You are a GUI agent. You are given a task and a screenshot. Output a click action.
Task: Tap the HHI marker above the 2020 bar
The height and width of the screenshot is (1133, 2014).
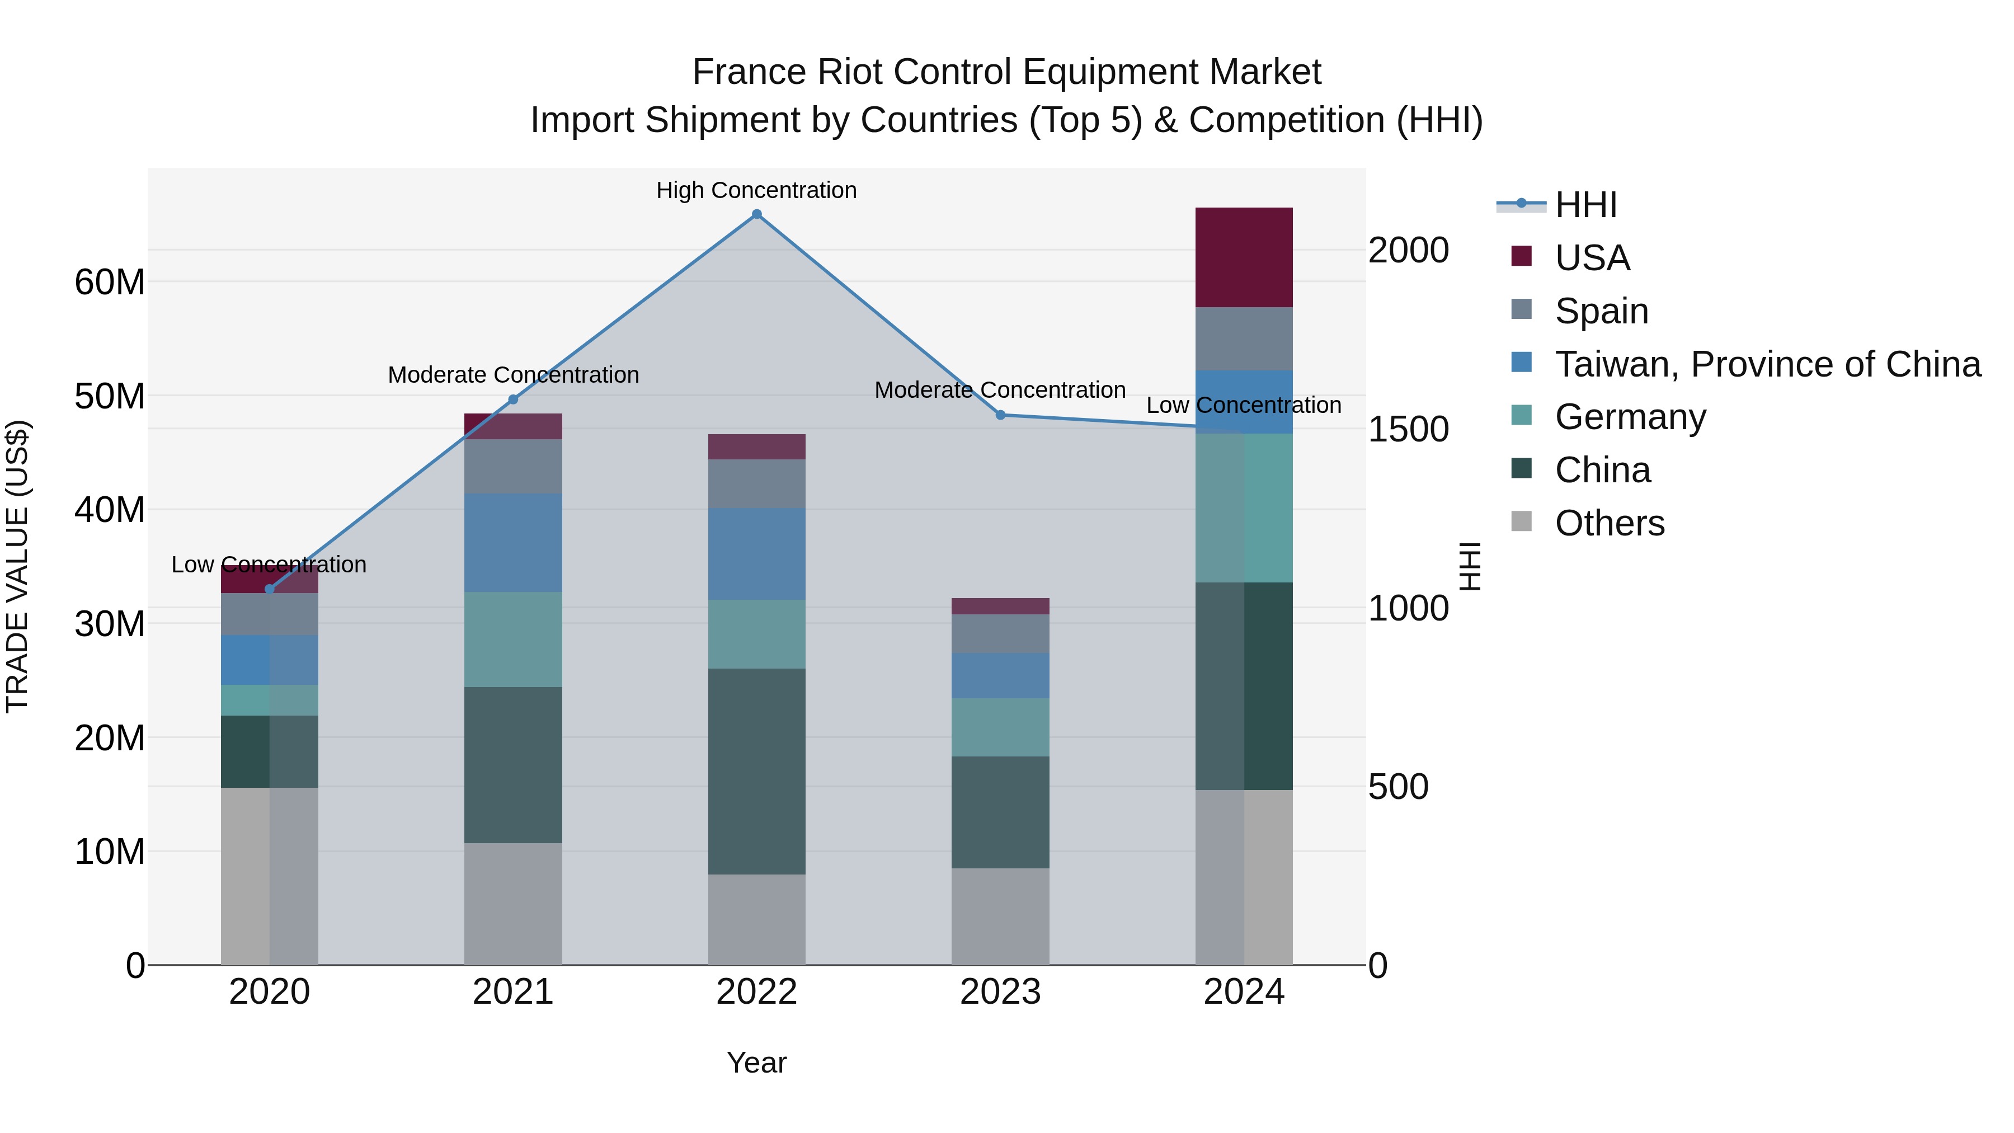[x=270, y=589]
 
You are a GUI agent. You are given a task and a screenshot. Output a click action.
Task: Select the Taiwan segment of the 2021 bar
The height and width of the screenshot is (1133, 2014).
[x=513, y=543]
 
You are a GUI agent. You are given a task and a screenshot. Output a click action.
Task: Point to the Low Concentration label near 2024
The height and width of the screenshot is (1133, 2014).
[x=1243, y=405]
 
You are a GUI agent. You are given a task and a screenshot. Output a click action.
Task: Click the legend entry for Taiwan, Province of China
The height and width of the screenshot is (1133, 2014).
[x=1767, y=364]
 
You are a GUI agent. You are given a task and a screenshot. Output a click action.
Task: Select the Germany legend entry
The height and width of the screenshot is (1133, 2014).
[x=1630, y=417]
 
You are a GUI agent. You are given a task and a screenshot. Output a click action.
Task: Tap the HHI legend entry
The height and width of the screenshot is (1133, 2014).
[x=1585, y=205]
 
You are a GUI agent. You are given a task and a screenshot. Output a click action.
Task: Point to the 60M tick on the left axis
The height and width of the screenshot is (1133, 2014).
[x=110, y=283]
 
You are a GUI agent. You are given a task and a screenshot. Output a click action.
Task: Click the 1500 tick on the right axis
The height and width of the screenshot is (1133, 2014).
[x=1408, y=429]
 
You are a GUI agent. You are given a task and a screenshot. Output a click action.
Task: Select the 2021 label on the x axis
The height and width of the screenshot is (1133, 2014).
[x=513, y=992]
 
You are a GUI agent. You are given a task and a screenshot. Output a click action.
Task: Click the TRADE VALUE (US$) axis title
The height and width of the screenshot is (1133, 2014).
[x=17, y=566]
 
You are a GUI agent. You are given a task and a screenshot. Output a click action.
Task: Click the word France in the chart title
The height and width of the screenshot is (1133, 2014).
[x=749, y=72]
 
